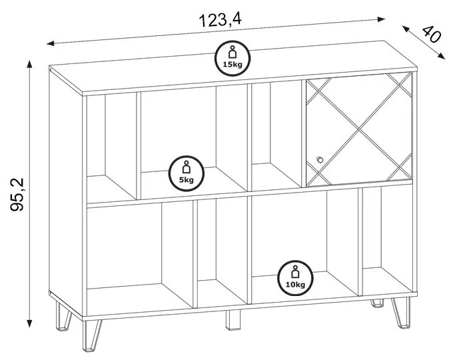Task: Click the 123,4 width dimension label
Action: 220,20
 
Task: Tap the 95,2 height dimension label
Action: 17,195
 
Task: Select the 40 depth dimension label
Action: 432,34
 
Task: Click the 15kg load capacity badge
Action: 232,59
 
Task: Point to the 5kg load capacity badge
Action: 187,173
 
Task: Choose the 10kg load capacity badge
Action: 295,278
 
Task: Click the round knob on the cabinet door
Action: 320,160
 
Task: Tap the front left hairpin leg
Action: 91,335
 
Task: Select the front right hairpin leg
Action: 402,312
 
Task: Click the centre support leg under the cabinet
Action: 232,320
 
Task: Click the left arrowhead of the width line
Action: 50,43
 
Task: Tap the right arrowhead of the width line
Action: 381,19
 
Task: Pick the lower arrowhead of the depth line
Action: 442,56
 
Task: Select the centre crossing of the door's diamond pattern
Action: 358,129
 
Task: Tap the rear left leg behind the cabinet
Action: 63,316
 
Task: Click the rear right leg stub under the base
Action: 377,303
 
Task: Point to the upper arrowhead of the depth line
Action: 405,29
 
